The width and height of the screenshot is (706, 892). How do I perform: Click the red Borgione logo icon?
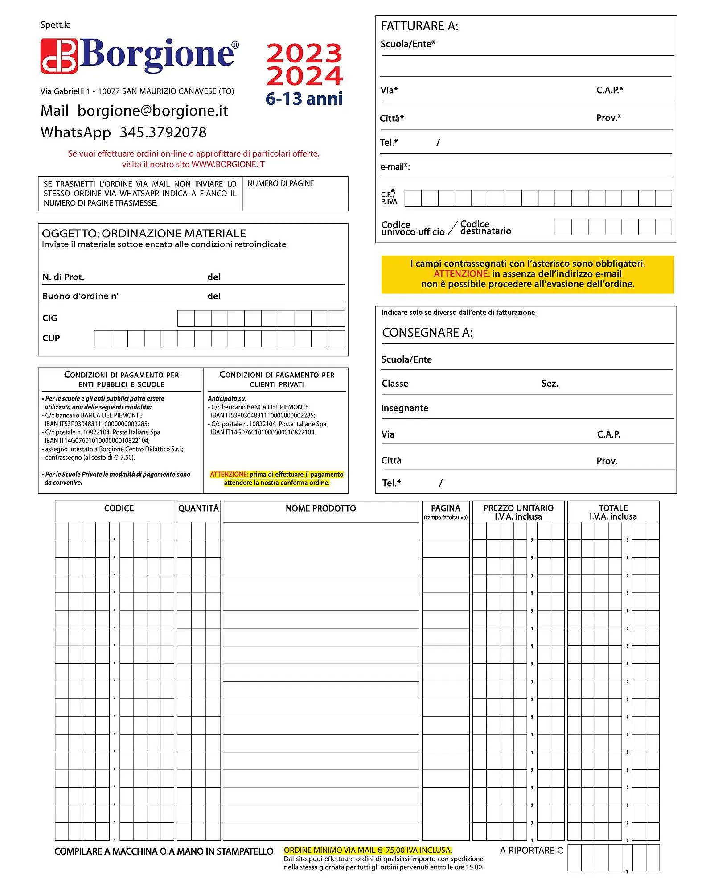[59, 56]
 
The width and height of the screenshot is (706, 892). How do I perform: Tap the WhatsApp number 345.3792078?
[163, 132]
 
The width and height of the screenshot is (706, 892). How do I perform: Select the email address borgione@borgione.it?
[152, 111]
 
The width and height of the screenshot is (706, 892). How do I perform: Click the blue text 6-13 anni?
[304, 99]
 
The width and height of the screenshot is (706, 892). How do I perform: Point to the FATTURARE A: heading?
[419, 26]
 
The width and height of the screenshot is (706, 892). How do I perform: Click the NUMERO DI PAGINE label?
[280, 183]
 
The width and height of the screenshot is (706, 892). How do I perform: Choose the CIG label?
[49, 318]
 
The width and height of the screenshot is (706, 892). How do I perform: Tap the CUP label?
[51, 338]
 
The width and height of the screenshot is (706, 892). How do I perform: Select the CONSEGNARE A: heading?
[427, 333]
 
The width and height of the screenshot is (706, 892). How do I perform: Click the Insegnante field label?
[405, 408]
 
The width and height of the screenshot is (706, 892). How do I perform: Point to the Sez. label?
[550, 384]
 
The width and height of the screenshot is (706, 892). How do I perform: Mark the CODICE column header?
[119, 508]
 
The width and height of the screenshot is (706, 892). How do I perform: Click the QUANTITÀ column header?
[198, 508]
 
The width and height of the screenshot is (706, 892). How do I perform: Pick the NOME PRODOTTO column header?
[320, 508]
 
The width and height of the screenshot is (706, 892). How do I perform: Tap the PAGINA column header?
[445, 508]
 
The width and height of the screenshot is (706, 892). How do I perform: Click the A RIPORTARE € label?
[531, 851]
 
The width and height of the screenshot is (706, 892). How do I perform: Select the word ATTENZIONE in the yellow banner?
[462, 274]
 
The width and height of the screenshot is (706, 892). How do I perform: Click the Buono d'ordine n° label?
[81, 296]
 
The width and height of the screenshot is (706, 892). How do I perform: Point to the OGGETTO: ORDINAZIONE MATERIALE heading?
[144, 233]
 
